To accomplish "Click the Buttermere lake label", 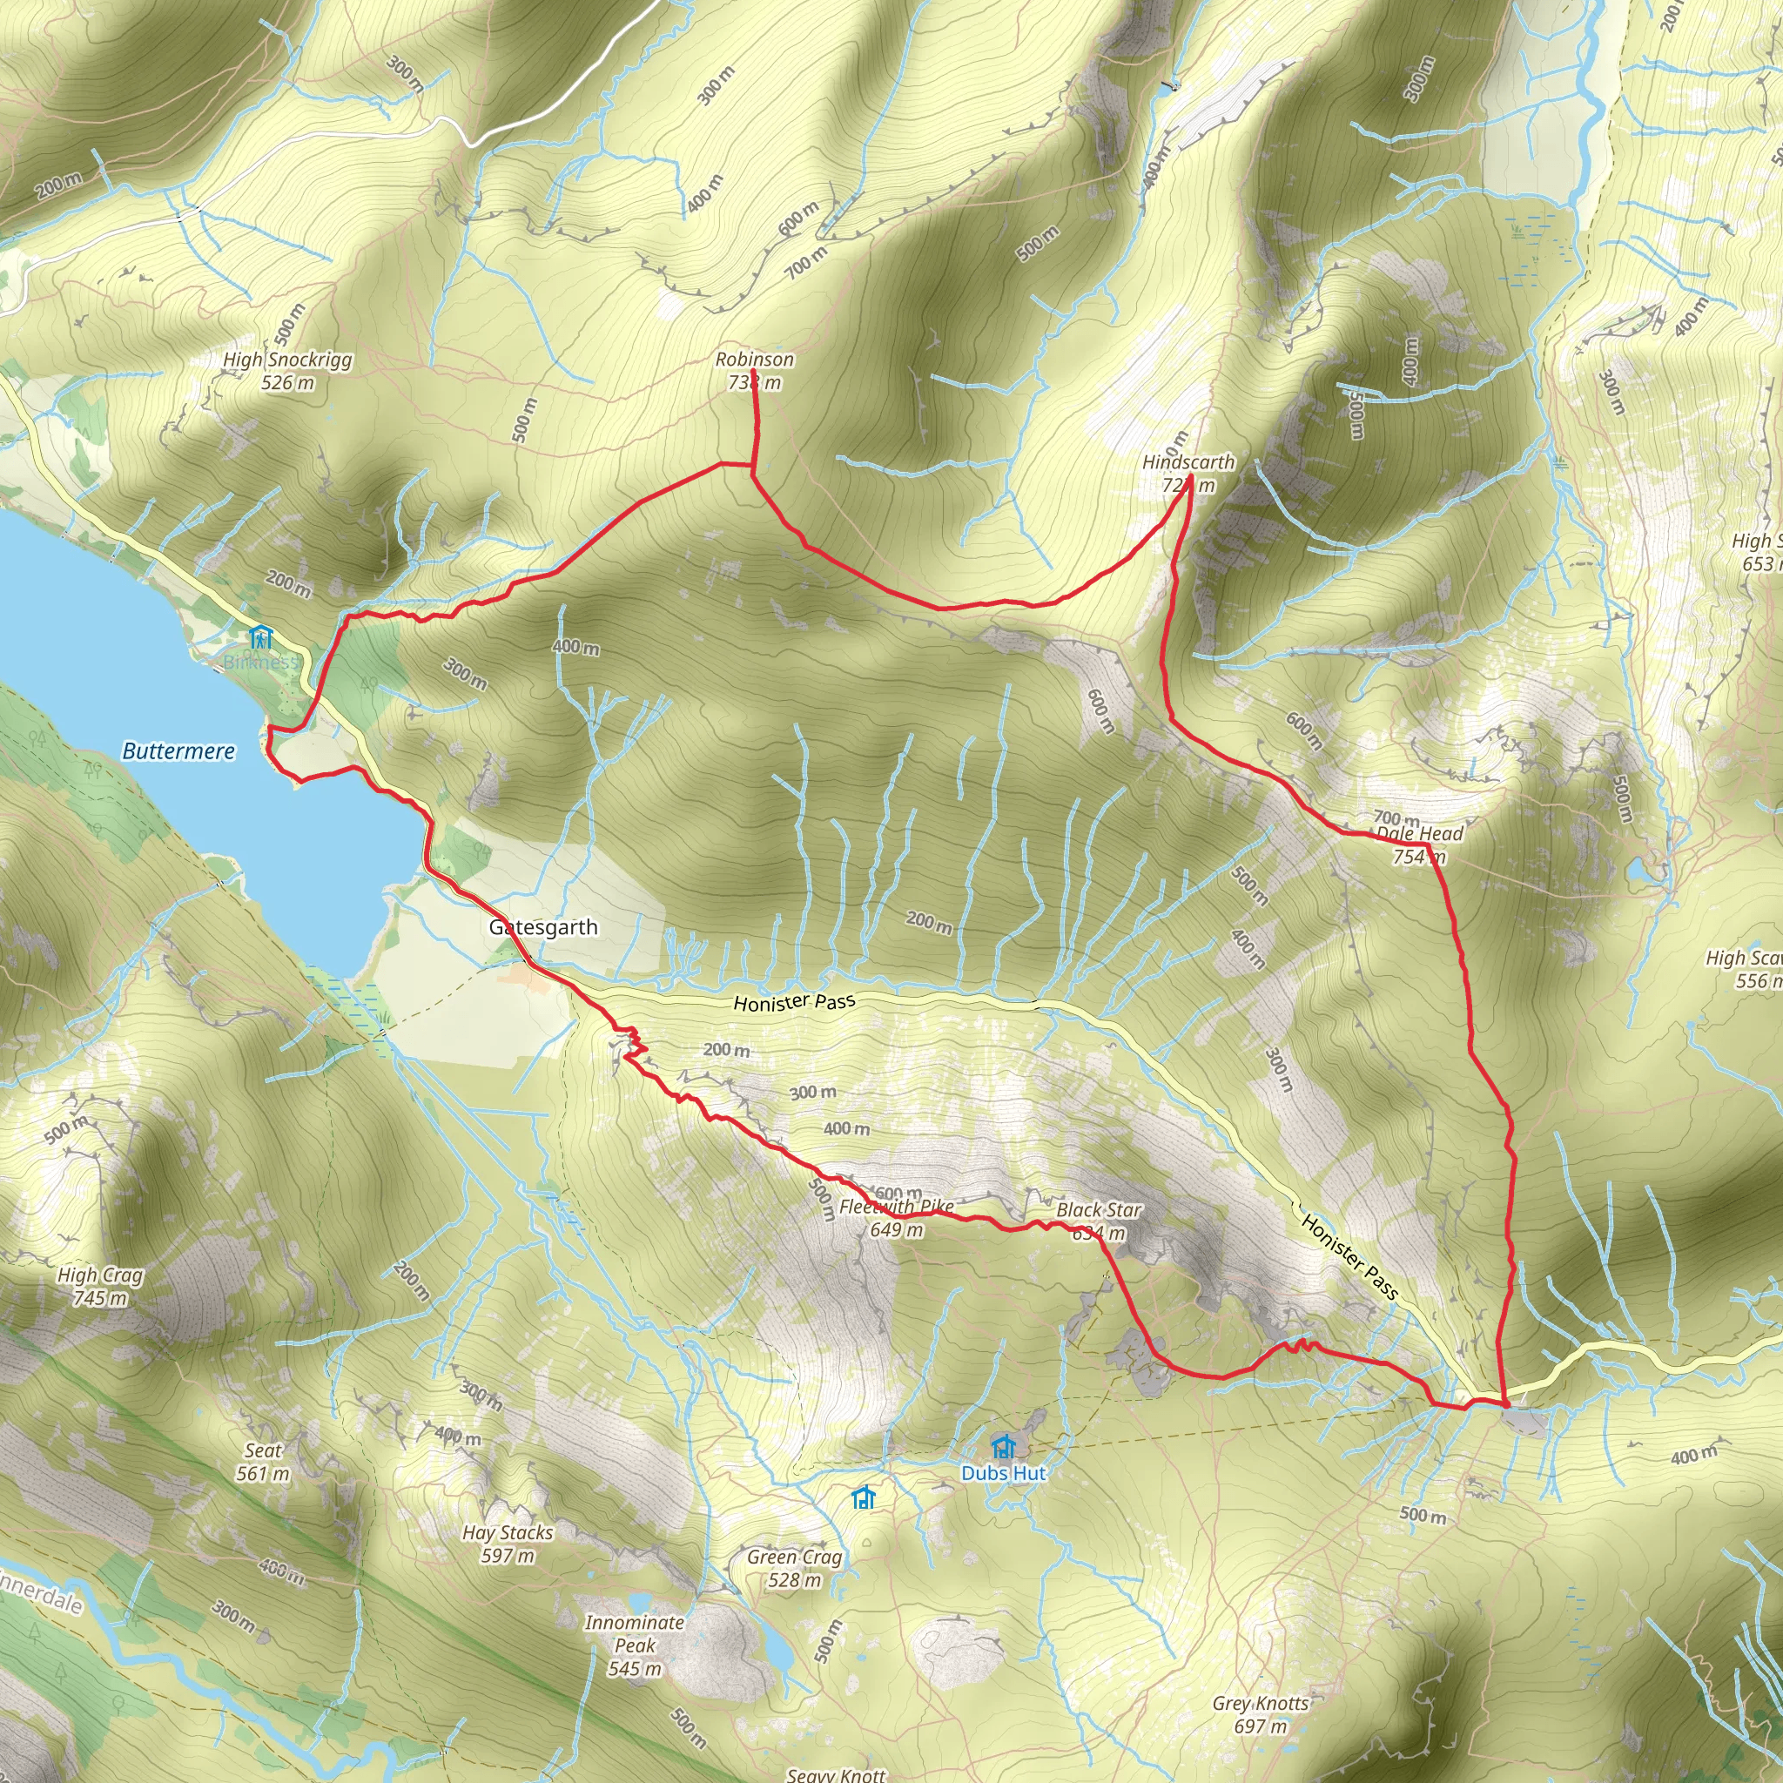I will (x=178, y=751).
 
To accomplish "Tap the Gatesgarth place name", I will (x=543, y=927).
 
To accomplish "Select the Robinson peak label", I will (x=754, y=359).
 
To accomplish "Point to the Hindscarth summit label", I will (x=1188, y=461).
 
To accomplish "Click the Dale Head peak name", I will (x=1419, y=833).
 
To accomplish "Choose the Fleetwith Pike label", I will (x=896, y=1206).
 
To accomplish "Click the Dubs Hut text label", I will (x=1003, y=1473).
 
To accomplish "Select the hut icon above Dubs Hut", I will (x=1003, y=1446).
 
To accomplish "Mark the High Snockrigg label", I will (x=287, y=359).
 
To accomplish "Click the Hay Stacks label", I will (x=508, y=1532).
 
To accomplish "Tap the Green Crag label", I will (x=795, y=1557).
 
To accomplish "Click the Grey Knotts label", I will (x=1261, y=1703).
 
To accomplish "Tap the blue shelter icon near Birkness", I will (x=261, y=636).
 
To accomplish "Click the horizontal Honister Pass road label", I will (x=794, y=1002).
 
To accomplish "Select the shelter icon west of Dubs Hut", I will (x=863, y=1497).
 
